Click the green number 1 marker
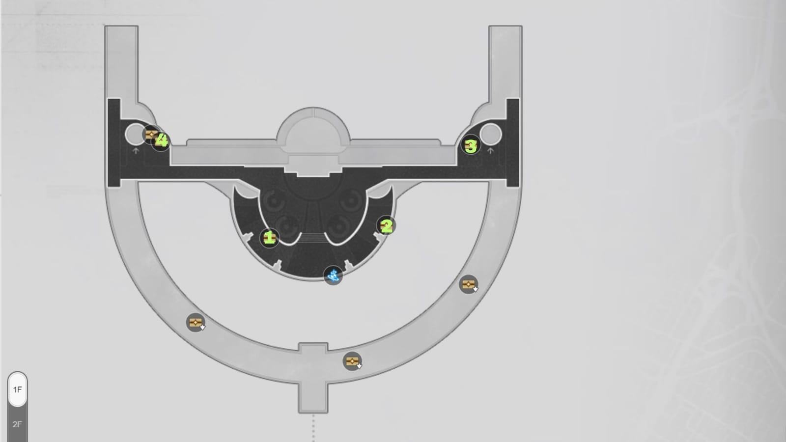[269, 238]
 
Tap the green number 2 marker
[386, 226]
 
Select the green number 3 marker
[471, 145]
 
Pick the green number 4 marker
[162, 140]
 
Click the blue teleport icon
[333, 276]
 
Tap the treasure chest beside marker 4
[151, 134]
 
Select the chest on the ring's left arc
[196, 322]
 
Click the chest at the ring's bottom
[352, 361]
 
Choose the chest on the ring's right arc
[469, 284]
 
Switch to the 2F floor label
[17, 424]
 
